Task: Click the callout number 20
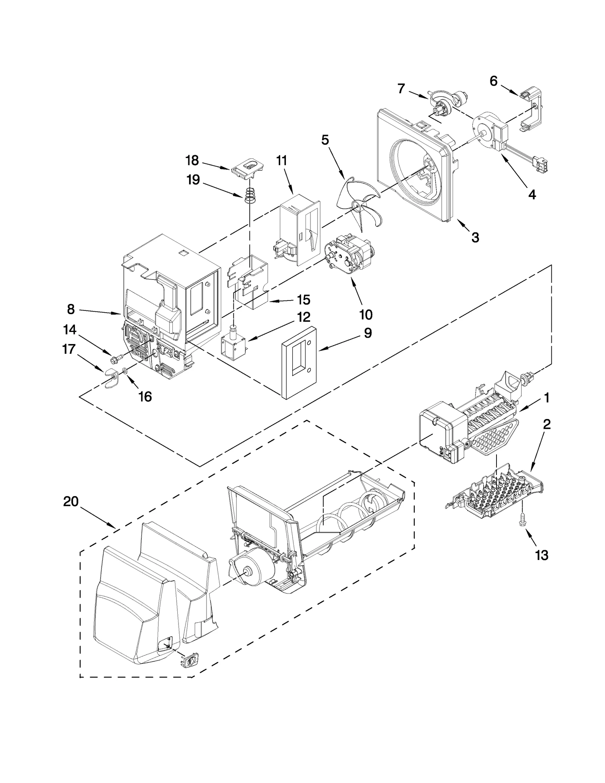click(x=71, y=502)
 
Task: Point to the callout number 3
click(x=475, y=237)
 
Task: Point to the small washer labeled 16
click(x=126, y=372)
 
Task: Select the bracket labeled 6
click(x=532, y=110)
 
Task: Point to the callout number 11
click(x=281, y=161)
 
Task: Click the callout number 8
click(x=71, y=309)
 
